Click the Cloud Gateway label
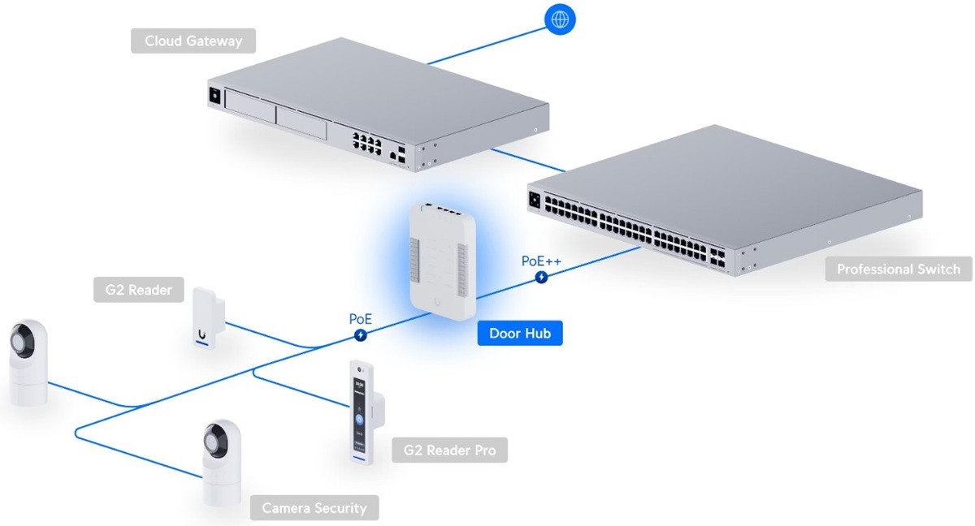[193, 41]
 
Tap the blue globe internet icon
[559, 20]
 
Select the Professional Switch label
[898, 269]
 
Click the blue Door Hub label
[520, 333]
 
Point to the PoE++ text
[541, 261]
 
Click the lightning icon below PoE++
[542, 278]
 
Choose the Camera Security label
[314, 509]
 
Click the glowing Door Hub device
[441, 257]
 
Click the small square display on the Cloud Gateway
[215, 95]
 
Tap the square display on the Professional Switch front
[536, 199]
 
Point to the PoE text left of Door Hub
[361, 318]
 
